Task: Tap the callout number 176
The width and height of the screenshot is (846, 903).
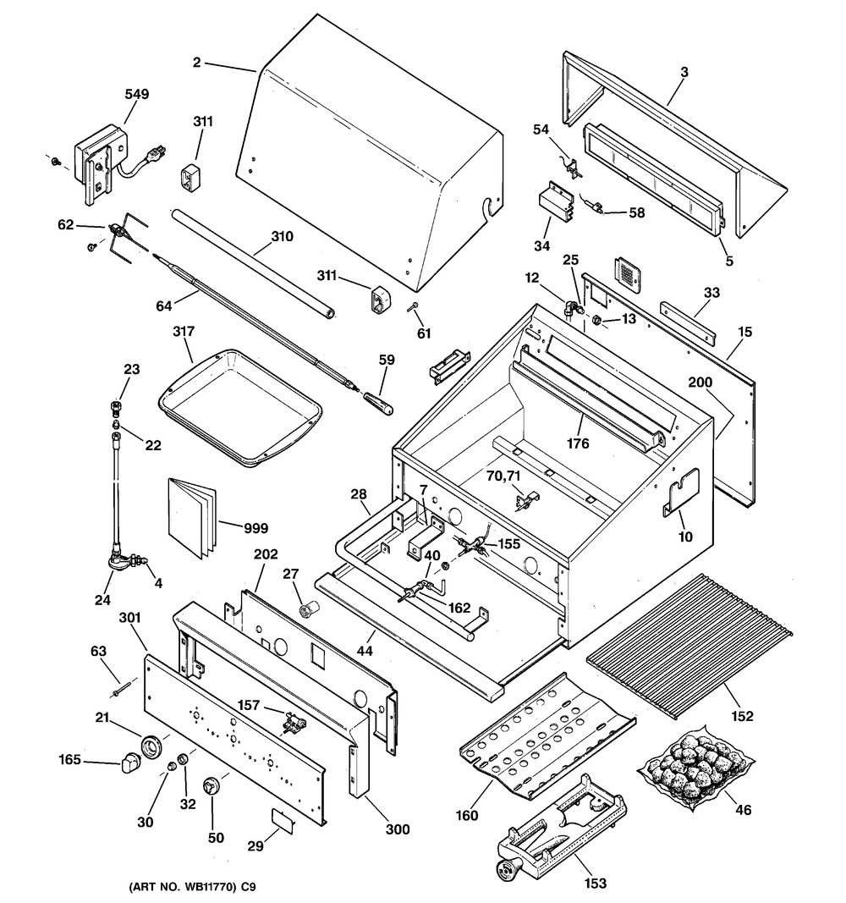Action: tap(579, 442)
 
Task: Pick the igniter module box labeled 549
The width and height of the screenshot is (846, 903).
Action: tap(100, 161)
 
